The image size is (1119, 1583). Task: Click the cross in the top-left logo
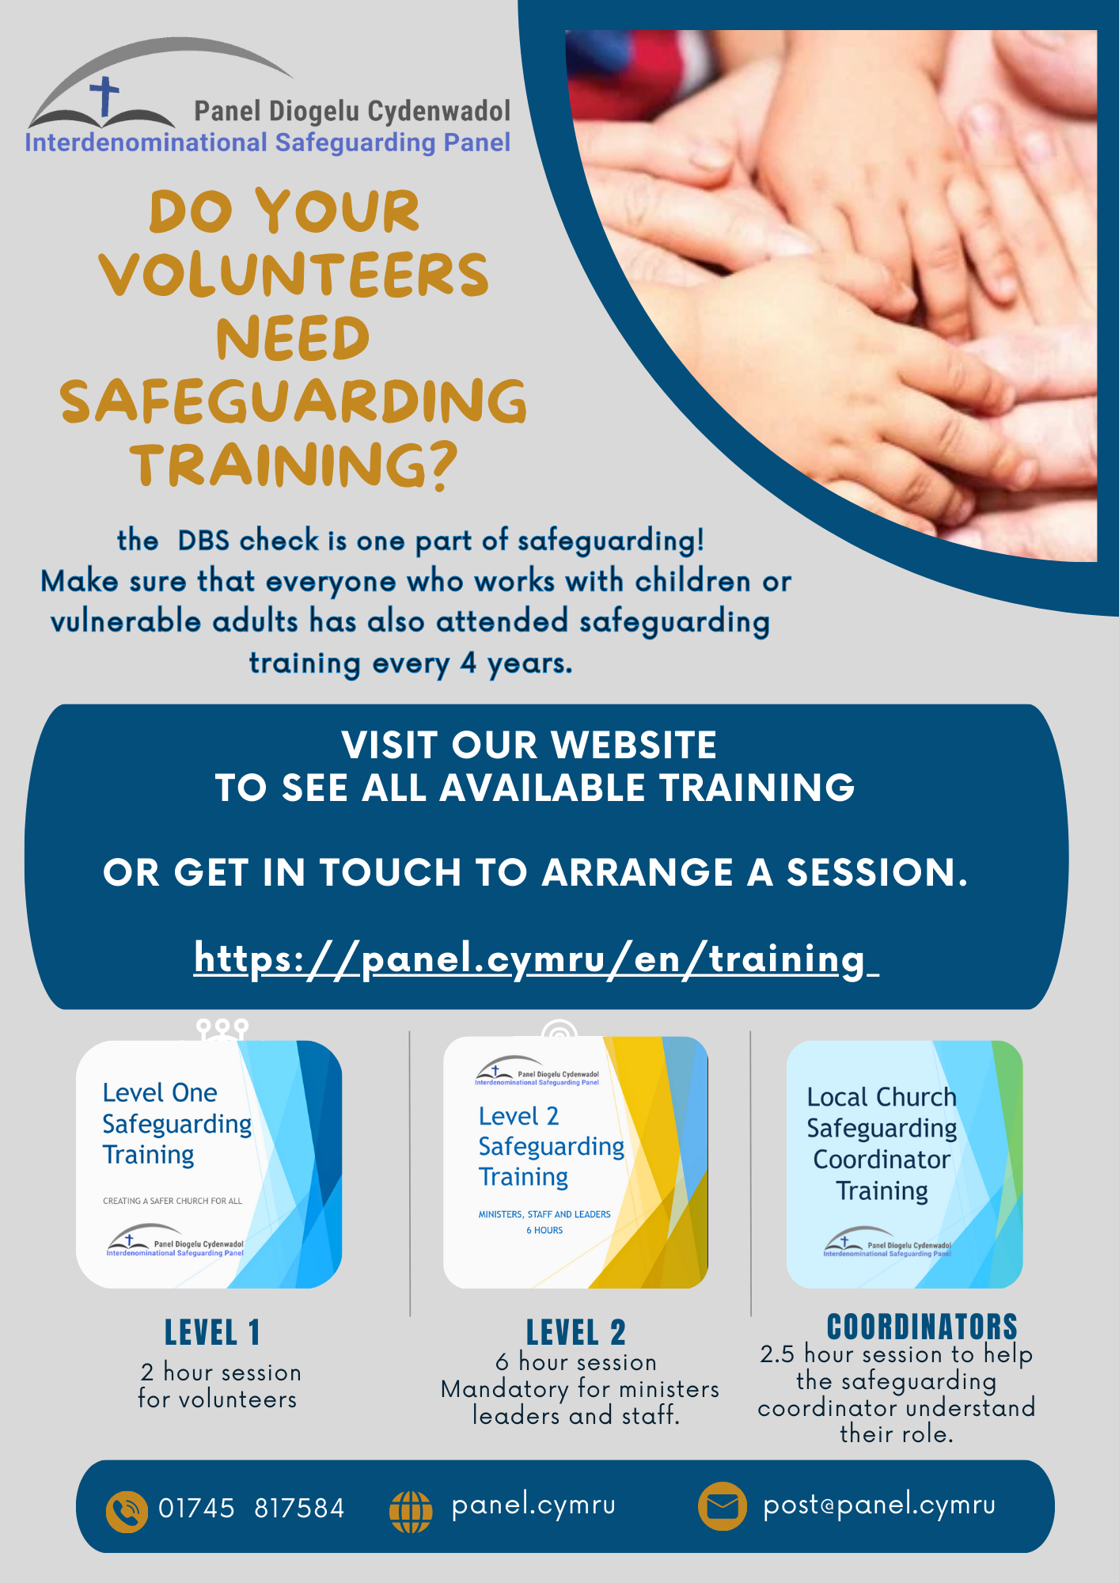[104, 97]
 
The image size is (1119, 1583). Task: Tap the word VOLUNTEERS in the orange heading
[294, 275]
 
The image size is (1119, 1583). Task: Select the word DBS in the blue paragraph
[203, 541]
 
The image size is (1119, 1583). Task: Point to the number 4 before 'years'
[468, 662]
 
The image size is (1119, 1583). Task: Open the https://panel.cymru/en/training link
[535, 959]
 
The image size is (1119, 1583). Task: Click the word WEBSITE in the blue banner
[633, 746]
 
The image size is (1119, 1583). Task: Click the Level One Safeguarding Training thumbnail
[209, 1164]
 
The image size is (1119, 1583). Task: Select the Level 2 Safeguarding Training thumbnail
[575, 1162]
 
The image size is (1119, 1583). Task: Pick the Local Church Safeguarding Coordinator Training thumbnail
[904, 1164]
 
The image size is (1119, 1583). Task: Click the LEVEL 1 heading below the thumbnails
[212, 1333]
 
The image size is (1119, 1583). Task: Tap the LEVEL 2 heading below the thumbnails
[576, 1333]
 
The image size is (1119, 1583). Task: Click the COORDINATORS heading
[922, 1327]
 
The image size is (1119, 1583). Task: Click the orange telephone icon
[127, 1511]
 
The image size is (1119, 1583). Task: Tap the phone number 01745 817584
[252, 1509]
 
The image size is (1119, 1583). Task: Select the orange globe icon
[411, 1511]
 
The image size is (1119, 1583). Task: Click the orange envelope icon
[722, 1505]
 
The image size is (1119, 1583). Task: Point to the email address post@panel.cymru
[879, 1505]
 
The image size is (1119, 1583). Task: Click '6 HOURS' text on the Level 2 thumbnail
[544, 1230]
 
